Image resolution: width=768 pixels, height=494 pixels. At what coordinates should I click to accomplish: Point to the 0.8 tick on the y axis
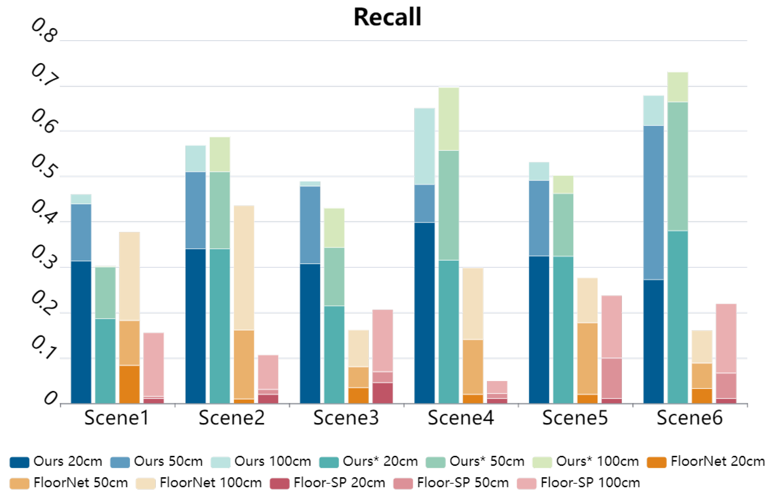tap(44, 30)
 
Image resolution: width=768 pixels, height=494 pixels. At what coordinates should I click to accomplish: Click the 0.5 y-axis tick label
tap(44, 166)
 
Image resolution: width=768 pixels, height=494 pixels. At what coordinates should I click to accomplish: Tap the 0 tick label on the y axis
tap(51, 399)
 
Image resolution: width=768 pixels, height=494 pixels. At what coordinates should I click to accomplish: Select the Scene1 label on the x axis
tap(117, 418)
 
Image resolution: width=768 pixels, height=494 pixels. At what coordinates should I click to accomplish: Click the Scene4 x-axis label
tap(460, 418)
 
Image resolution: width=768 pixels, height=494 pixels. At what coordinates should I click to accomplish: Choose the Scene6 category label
tap(690, 418)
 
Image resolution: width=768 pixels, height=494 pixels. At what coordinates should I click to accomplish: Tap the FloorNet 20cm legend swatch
tap(656, 462)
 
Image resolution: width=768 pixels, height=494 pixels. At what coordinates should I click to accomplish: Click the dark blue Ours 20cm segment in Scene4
tap(424, 313)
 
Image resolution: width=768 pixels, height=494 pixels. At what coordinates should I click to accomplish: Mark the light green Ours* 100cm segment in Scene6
tap(678, 87)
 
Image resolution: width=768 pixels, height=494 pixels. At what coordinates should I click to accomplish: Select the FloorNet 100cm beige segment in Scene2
tap(244, 268)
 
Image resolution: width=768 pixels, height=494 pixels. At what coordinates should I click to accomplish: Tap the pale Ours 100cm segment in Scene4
tap(424, 146)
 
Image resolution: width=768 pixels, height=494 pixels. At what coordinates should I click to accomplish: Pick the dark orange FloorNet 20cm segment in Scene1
tap(129, 384)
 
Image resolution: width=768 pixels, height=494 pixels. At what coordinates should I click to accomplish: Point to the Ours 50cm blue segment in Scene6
tap(653, 203)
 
